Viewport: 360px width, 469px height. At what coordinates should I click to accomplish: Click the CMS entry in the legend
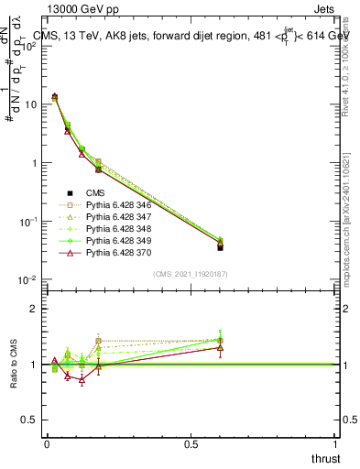click(x=96, y=193)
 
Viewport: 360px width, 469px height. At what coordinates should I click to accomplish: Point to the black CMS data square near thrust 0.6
click(x=221, y=247)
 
